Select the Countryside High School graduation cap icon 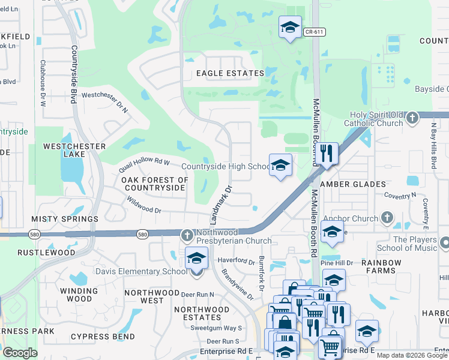coord(280,165)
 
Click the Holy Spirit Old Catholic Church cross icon coord(412,118)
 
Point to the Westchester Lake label coord(75,150)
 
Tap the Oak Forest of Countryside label coord(155,184)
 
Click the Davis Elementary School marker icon coord(196,259)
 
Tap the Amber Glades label coord(353,184)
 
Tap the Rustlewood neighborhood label coord(47,253)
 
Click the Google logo coord(20,353)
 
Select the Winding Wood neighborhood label coord(76,295)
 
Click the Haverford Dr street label coord(237,260)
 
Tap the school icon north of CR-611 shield coord(290,27)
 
